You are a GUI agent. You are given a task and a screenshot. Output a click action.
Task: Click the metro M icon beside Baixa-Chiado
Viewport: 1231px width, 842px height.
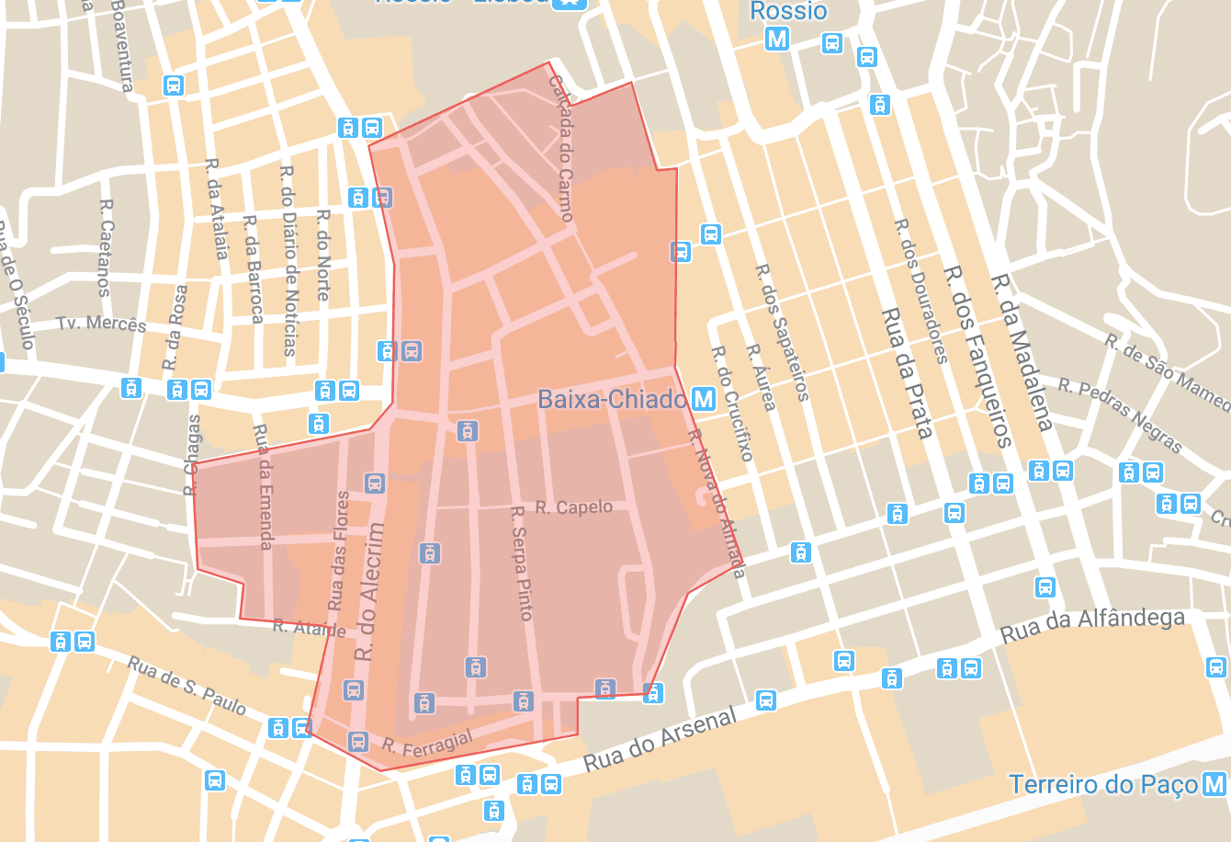click(704, 399)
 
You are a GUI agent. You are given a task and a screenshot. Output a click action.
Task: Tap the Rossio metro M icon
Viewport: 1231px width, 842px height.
click(777, 39)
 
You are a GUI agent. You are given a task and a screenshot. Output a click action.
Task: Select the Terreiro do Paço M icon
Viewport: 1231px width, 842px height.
click(1214, 784)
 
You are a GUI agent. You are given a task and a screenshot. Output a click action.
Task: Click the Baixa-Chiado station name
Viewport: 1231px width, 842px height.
click(612, 399)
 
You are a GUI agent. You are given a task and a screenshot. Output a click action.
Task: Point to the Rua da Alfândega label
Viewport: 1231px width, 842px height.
click(1092, 625)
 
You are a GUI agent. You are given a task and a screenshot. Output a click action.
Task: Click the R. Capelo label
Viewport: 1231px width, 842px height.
click(573, 507)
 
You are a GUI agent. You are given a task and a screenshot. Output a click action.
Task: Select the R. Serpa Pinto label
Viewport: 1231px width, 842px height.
click(521, 563)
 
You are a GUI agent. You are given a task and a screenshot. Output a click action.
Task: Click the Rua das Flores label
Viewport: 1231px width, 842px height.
click(339, 551)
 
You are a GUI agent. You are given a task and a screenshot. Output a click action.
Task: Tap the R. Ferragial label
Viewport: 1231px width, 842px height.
click(427, 742)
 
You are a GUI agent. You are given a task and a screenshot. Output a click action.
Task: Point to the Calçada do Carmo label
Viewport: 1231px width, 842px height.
click(560, 148)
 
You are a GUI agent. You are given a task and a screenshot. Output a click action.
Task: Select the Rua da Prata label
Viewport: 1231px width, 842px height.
click(907, 372)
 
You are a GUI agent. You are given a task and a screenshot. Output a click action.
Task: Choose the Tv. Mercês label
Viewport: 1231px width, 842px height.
click(101, 324)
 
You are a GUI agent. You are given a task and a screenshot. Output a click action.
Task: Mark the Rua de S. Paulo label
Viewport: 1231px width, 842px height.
click(186, 686)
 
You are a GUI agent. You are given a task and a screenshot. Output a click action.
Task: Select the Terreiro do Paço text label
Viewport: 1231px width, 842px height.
click(1103, 784)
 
